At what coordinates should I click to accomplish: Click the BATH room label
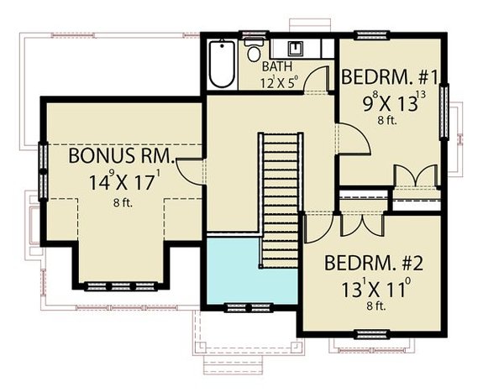pyautogui.click(x=276, y=66)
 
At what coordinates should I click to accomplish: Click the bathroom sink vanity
pyautogui.click(x=297, y=49)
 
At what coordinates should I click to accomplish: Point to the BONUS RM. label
pyautogui.click(x=121, y=157)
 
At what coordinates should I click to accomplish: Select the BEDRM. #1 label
pyautogui.click(x=391, y=78)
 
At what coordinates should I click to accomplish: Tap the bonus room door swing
pyautogui.click(x=192, y=170)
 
